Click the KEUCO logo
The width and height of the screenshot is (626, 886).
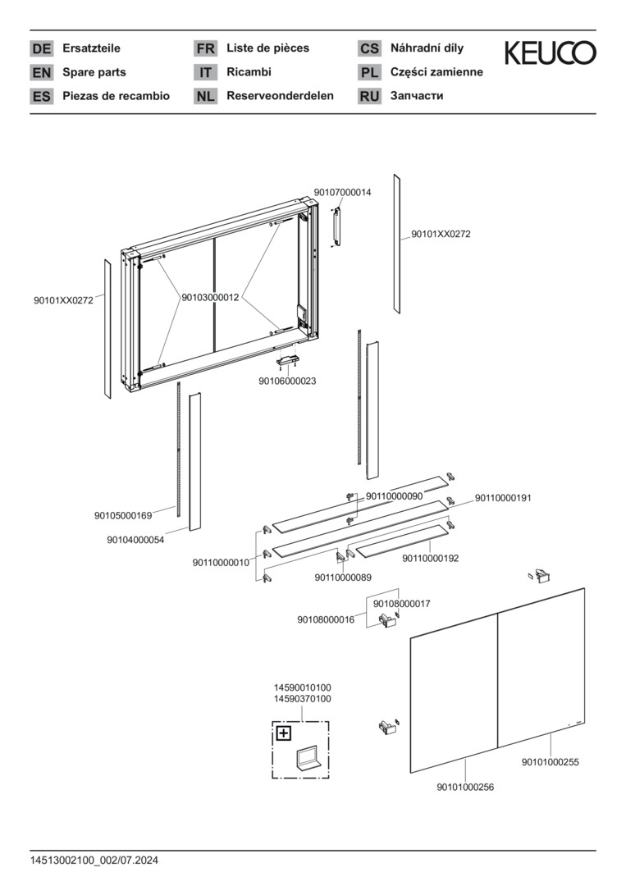(x=550, y=53)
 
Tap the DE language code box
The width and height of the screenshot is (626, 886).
(x=41, y=49)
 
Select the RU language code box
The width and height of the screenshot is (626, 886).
(x=369, y=96)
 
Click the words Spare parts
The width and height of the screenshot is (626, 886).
(x=94, y=72)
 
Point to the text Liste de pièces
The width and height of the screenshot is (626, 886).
(x=267, y=48)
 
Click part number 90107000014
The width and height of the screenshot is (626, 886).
(x=342, y=192)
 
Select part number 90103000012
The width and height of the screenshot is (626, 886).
(x=210, y=298)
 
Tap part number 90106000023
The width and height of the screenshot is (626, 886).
(x=287, y=381)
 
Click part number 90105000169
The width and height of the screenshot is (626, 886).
(x=123, y=516)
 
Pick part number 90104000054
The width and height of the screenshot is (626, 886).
(x=135, y=539)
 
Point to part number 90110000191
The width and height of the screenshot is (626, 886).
(x=503, y=498)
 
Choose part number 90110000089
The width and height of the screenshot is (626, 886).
(x=343, y=578)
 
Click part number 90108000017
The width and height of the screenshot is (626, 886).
(x=401, y=604)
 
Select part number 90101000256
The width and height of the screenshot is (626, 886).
(x=465, y=788)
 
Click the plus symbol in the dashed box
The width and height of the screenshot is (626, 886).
(x=283, y=733)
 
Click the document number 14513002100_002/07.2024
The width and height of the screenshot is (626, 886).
(x=94, y=861)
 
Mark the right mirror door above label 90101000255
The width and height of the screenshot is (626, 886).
(x=541, y=664)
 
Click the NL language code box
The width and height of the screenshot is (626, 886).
(x=205, y=96)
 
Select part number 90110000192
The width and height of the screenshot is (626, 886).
(x=430, y=558)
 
